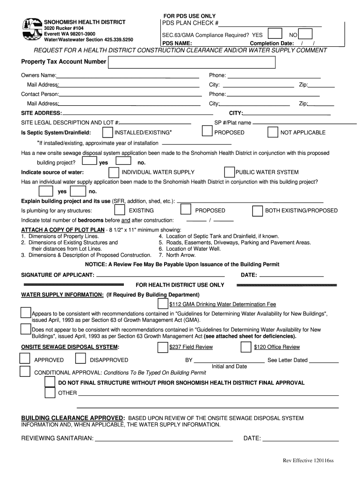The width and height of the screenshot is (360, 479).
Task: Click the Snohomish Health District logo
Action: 32,29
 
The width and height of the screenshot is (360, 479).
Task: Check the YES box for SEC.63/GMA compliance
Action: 275,34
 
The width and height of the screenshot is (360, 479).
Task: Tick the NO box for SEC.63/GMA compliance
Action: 305,34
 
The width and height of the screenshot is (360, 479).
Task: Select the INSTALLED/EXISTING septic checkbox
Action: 108,132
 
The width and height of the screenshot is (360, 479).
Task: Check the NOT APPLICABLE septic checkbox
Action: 273,132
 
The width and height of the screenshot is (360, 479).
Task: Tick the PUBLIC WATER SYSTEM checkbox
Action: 229,172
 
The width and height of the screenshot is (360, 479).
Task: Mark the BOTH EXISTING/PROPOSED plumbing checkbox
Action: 258,210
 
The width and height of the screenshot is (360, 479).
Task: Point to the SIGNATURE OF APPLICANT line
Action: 160,276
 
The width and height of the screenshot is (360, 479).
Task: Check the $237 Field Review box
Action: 162,347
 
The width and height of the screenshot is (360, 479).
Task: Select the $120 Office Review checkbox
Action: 246,347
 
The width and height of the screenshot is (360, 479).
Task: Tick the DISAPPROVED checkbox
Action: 80,359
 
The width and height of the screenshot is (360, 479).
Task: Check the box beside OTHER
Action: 50,392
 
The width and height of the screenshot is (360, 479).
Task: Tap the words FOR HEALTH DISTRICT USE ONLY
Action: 180,285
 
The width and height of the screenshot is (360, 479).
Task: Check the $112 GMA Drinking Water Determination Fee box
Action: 162,304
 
